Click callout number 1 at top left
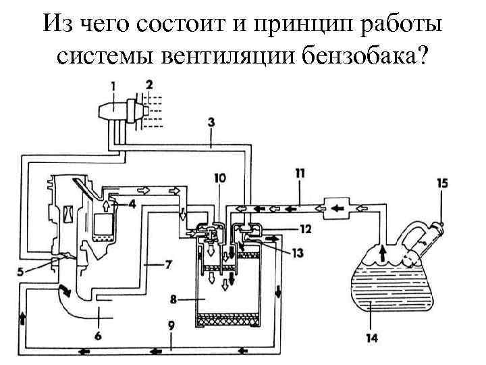coord(113,86)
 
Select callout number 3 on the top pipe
coord(211,123)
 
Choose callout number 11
coord(300,173)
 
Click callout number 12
coord(306,229)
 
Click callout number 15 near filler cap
coord(442,182)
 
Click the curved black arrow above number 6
coord(66,291)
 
